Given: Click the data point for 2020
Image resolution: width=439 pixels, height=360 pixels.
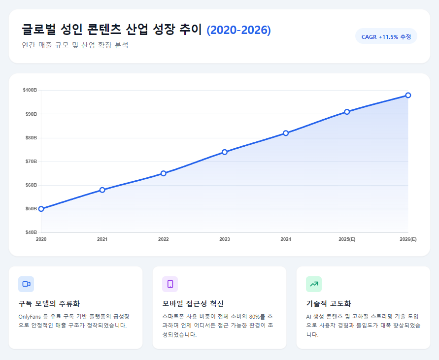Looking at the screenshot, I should point(41,209).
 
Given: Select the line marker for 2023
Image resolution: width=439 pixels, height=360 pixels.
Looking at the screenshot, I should point(225,152).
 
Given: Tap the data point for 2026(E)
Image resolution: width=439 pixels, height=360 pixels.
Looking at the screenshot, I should point(408,95).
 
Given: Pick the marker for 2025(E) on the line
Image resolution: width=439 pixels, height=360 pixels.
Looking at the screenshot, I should point(347,112).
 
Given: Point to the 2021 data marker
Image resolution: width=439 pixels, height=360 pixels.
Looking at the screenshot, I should point(102,190).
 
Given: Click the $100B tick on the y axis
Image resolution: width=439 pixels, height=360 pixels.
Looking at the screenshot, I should point(30,90).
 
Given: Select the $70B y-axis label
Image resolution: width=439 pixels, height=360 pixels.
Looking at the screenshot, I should point(30,162).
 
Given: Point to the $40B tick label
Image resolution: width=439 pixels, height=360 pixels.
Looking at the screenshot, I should point(30,232).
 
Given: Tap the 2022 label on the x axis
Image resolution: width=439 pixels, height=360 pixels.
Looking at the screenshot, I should point(164,239).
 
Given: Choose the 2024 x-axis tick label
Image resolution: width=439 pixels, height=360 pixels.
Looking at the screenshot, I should point(286,239).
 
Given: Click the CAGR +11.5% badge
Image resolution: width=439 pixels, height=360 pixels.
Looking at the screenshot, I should point(386,36).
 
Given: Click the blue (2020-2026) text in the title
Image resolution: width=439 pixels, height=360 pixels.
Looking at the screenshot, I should point(238,30).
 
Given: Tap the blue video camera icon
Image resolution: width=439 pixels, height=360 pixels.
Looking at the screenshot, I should point(26,284).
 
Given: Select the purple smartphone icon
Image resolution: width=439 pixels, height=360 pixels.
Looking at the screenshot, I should point(170,284).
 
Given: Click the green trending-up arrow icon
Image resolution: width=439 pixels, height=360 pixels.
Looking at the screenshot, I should point(314,284).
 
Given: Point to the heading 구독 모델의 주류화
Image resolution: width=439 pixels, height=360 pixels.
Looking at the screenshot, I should point(49,303).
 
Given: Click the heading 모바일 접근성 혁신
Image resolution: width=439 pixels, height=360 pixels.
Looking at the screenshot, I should point(193,303).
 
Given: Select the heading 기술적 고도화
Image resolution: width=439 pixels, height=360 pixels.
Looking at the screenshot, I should point(329,303).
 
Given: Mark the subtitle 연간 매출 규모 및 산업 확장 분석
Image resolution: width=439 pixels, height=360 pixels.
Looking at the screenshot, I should point(75,45).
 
